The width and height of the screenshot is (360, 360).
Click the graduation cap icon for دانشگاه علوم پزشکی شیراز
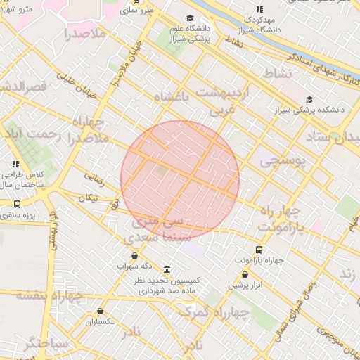[189, 18]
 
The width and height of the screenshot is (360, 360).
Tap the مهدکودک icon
[259, 10]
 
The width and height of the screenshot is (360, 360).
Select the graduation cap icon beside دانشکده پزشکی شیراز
[310, 99]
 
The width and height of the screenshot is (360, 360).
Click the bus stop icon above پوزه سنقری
[16, 204]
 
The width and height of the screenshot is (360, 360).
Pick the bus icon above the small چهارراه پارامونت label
[259, 250]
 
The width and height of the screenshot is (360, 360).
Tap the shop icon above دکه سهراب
[135, 255]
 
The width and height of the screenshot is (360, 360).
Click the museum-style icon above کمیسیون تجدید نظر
[167, 270]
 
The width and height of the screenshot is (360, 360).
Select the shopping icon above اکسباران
[100, 311]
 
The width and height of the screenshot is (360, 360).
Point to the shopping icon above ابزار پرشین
[245, 275]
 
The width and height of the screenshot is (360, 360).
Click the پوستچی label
[283, 160]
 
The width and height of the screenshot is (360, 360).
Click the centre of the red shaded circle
[180, 177]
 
